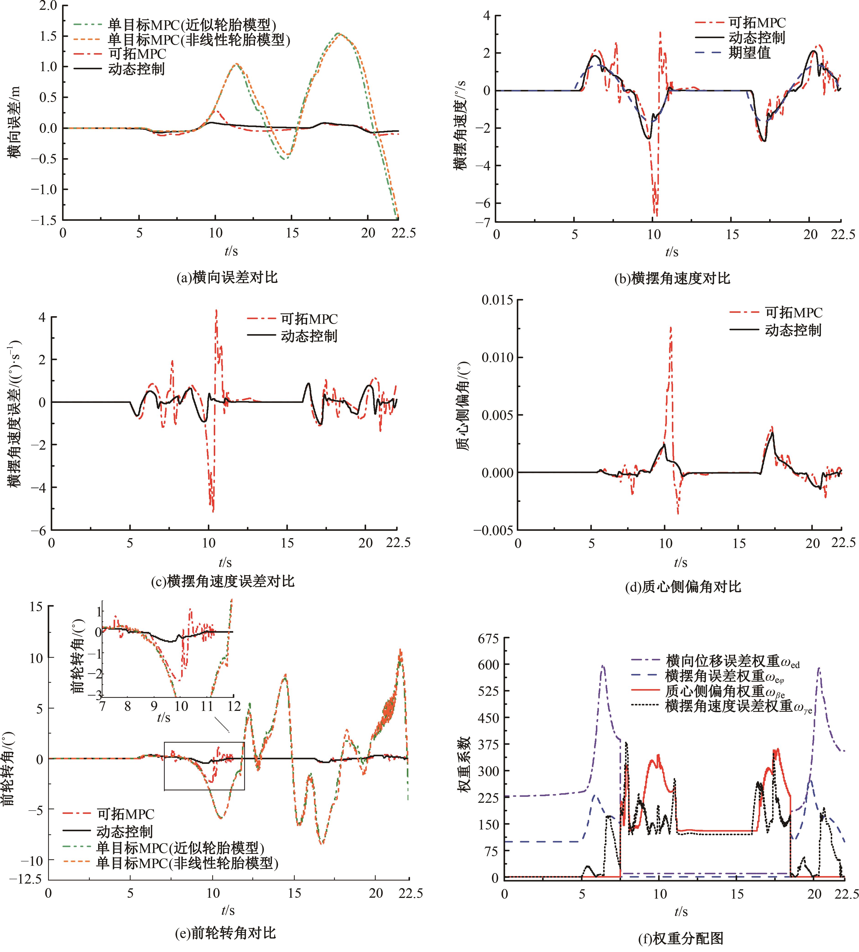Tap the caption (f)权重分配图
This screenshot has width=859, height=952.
tap(681, 938)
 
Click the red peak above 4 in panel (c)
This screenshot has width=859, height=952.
tap(216, 310)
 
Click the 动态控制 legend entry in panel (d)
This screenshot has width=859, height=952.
tap(793, 330)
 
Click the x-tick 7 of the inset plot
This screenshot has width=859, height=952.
tap(102, 707)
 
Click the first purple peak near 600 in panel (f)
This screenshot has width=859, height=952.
tap(603, 666)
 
